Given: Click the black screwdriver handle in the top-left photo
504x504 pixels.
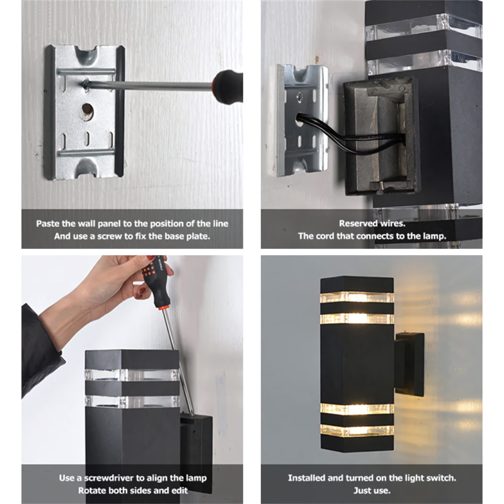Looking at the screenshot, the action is click(227, 87).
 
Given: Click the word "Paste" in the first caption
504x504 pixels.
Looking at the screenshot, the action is click(45, 224).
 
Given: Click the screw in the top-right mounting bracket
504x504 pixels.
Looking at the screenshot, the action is click(300, 96).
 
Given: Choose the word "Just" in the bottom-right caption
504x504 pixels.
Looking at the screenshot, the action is click(362, 491).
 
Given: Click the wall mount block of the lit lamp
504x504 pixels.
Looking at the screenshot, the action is click(409, 364).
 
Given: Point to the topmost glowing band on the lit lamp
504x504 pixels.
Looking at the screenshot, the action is click(357, 297).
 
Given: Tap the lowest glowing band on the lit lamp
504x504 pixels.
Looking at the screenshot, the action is click(357, 431).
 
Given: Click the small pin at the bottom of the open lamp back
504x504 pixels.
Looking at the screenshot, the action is click(381, 185).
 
